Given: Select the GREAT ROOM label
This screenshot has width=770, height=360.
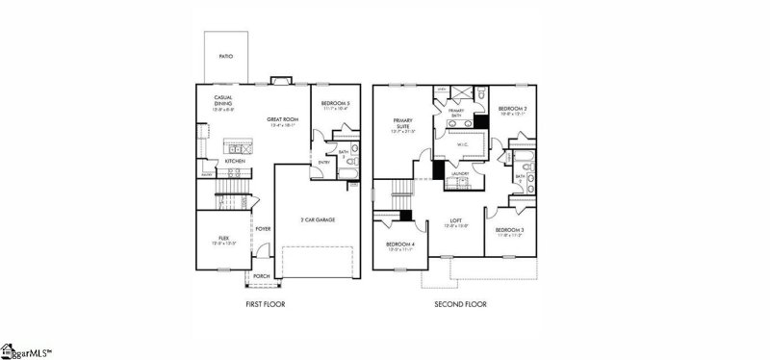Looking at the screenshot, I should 280,120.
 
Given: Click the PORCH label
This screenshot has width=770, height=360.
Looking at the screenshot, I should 262,275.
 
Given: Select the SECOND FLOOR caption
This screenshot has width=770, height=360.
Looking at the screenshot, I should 462,305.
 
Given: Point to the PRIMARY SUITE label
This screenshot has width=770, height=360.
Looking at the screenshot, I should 402,123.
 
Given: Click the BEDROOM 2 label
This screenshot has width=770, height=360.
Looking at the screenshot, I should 512,109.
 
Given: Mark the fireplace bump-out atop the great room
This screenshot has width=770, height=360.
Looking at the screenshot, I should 280,80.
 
